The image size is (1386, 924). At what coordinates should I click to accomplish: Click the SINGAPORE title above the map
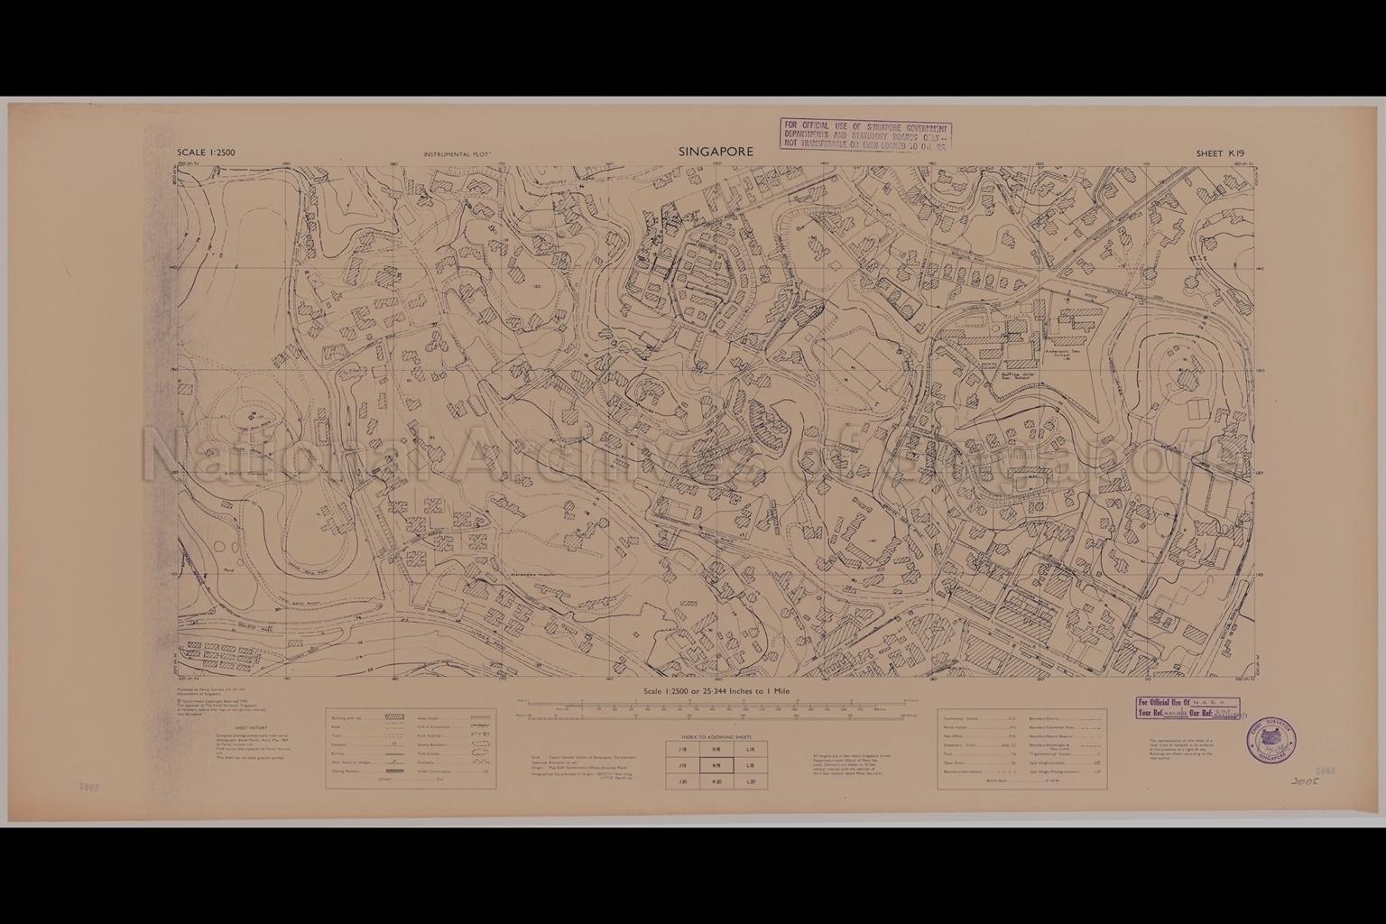click(716, 152)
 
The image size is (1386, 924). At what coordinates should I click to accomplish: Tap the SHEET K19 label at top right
click(1220, 153)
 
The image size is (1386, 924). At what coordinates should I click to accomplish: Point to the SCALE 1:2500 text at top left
click(207, 152)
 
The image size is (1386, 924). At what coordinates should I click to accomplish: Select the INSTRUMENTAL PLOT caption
click(457, 155)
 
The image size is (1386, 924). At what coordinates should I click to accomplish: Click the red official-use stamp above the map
click(864, 134)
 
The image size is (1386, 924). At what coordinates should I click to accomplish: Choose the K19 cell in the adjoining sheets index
click(716, 765)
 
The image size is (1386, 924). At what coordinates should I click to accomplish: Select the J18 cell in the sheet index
click(682, 749)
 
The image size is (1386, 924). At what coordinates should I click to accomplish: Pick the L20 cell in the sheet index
click(751, 781)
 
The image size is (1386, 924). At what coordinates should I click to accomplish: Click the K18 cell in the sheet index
click(716, 749)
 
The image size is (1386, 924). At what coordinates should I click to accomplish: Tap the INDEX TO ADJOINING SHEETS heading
click(716, 736)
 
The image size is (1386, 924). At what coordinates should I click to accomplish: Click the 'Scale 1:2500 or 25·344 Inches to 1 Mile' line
click(716, 691)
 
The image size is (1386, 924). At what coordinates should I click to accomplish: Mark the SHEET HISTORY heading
click(251, 726)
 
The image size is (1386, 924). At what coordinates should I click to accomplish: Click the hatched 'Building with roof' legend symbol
click(394, 716)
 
